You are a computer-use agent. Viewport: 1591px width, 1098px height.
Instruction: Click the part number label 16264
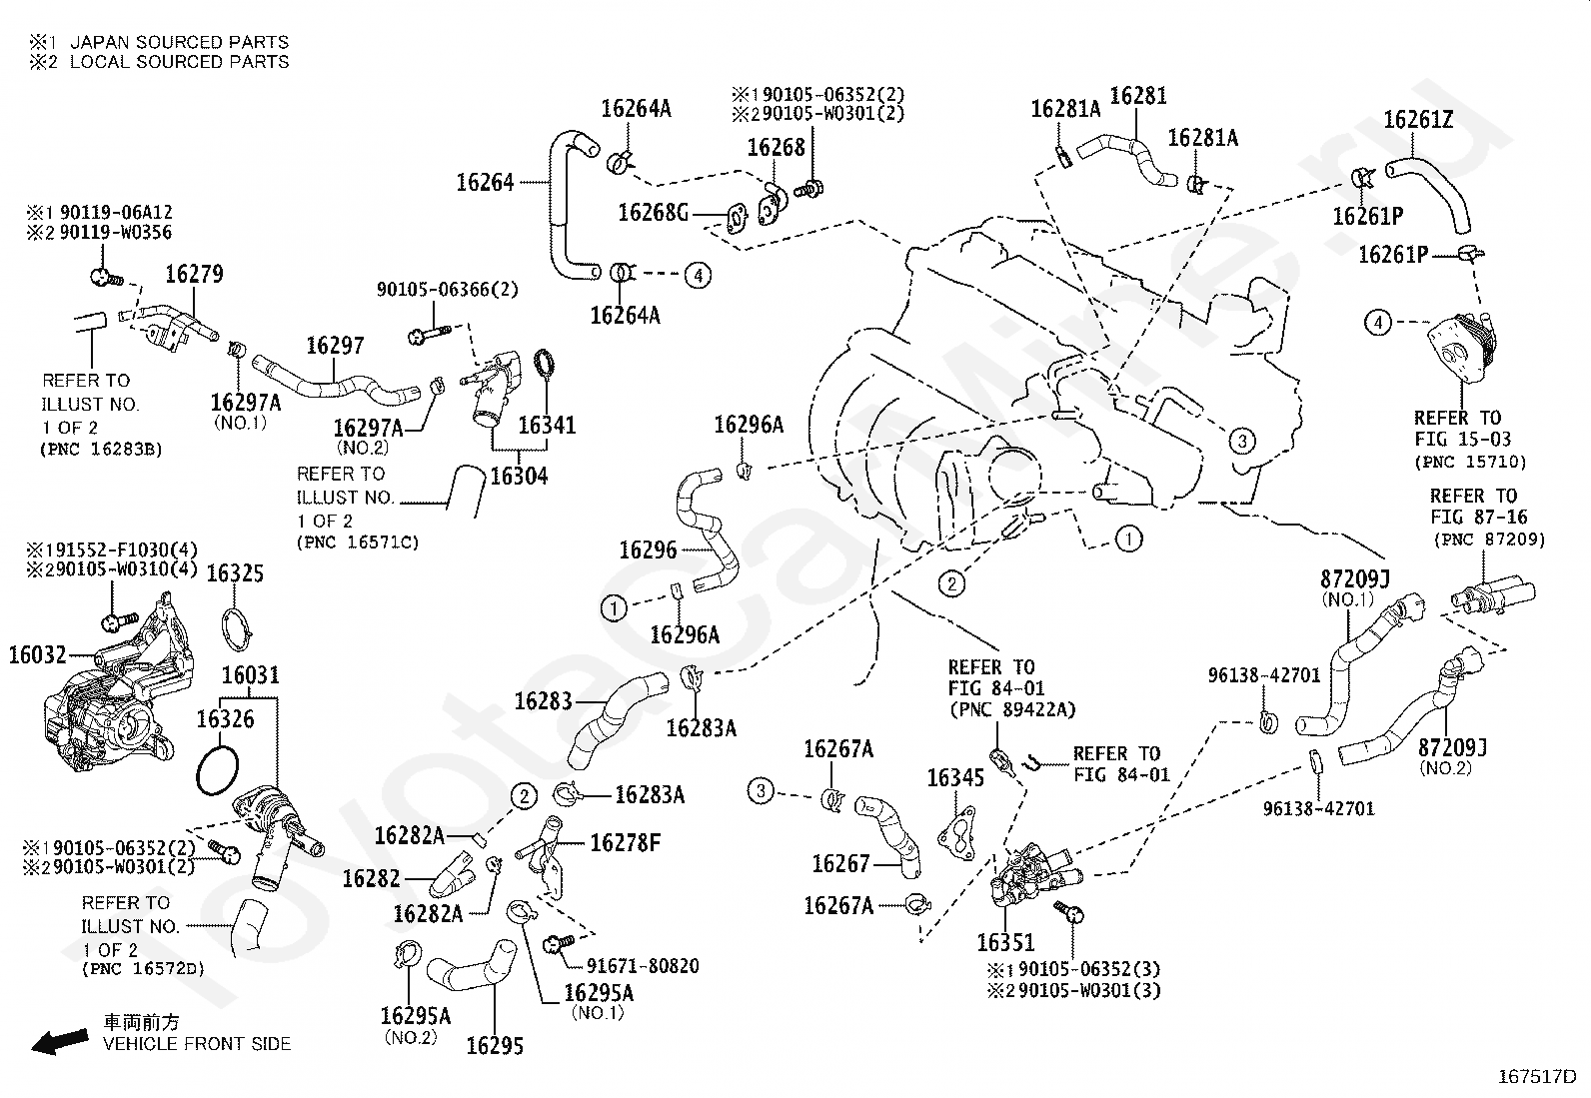tap(485, 183)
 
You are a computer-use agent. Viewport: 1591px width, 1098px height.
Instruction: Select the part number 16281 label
tap(1138, 95)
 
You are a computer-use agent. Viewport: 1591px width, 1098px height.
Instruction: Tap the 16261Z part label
tap(1418, 119)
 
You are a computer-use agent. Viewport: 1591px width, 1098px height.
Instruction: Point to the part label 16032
tap(38, 654)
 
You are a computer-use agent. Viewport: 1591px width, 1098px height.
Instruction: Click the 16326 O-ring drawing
tap(217, 770)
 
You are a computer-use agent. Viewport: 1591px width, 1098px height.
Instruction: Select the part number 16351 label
tap(1005, 942)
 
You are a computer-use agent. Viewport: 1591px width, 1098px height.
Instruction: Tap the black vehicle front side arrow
tap(60, 1040)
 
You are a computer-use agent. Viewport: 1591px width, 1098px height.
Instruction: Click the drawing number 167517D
tap(1536, 1077)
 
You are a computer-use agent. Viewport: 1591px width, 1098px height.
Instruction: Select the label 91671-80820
tap(643, 966)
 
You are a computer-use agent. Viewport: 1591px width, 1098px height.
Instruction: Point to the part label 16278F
tap(625, 842)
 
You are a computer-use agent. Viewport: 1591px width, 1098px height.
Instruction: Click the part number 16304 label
tap(520, 476)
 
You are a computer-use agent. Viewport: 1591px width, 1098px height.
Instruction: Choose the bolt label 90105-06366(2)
tap(448, 289)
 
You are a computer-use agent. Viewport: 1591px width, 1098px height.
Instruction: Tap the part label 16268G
tap(654, 212)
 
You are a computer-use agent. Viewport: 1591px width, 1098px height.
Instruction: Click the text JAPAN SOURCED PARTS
tap(180, 42)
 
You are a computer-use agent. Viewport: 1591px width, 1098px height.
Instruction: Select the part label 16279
tap(194, 274)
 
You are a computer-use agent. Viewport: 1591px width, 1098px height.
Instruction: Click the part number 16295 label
tap(495, 1045)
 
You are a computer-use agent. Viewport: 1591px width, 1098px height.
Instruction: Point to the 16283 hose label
tap(544, 701)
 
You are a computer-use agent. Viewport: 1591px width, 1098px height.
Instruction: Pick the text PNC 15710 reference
tap(1470, 462)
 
